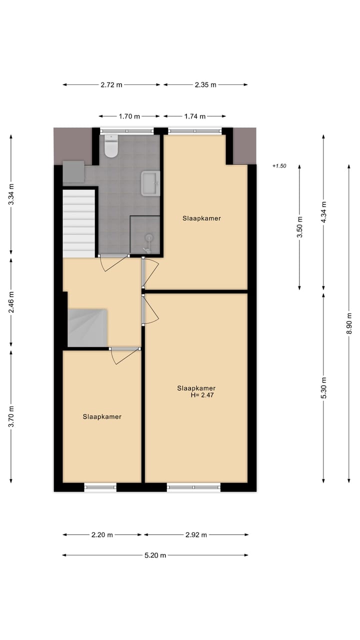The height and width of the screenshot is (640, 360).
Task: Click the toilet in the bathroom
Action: tap(110, 145)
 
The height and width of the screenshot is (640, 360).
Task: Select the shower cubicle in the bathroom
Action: tap(145, 235)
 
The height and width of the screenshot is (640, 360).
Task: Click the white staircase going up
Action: tap(79, 223)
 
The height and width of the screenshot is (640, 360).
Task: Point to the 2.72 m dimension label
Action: tap(111, 85)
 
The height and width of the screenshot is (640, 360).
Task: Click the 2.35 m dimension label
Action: tap(205, 85)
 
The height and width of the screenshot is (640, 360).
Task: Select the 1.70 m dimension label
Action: tap(129, 116)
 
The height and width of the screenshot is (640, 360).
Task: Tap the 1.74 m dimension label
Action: tap(195, 116)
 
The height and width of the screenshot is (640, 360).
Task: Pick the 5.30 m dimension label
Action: tap(323, 387)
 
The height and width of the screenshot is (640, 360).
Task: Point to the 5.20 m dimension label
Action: tap(155, 555)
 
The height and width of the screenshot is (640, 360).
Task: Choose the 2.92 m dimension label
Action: tap(196, 535)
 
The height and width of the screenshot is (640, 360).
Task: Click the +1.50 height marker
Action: tap(279, 166)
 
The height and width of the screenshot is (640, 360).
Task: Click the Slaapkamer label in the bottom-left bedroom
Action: tap(102, 416)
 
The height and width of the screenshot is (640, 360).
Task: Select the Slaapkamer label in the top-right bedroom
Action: tap(201, 218)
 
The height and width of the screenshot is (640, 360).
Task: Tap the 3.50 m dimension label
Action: tap(300, 226)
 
